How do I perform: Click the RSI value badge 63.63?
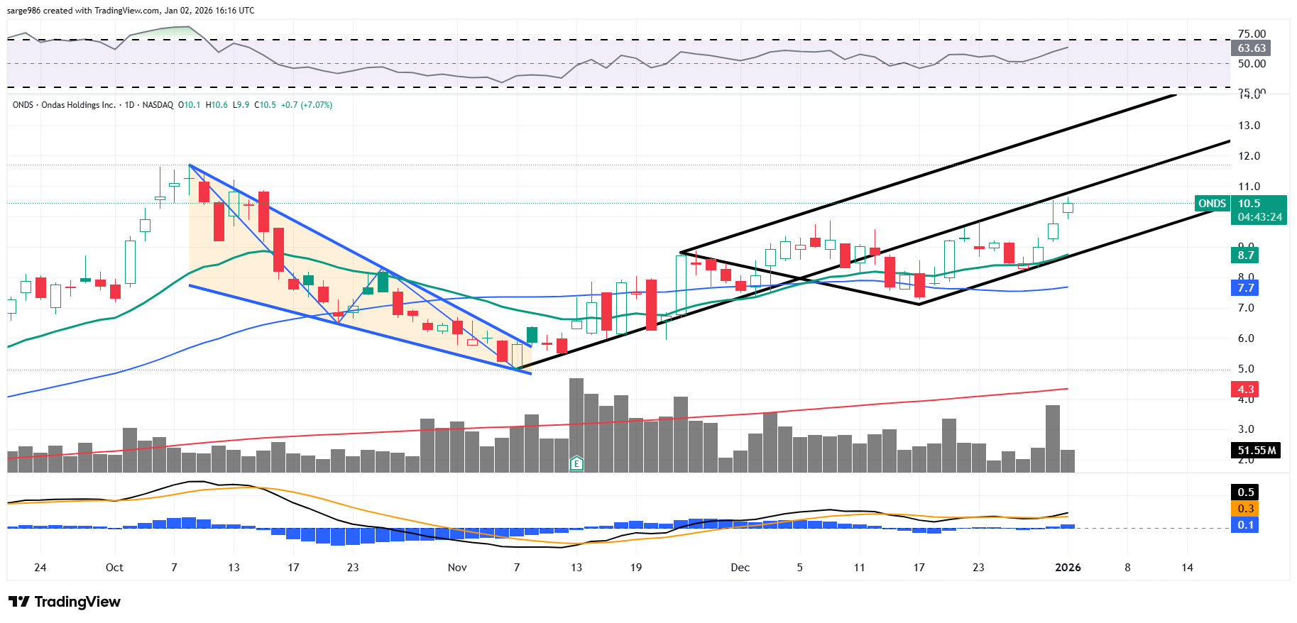pyautogui.click(x=1251, y=48)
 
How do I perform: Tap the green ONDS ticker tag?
pyautogui.click(x=1212, y=204)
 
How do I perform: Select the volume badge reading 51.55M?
pyautogui.click(x=1256, y=451)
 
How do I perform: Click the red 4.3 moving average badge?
pyautogui.click(x=1245, y=390)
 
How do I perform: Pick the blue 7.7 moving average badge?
pyautogui.click(x=1245, y=288)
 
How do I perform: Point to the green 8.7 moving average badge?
pyautogui.click(x=1245, y=255)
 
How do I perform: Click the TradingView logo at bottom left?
pyautogui.click(x=65, y=602)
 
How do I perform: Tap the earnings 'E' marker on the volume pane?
pyautogui.click(x=576, y=464)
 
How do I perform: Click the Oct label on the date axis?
pyautogui.click(x=114, y=568)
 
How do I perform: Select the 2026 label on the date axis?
pyautogui.click(x=1068, y=568)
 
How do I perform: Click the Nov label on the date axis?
pyautogui.click(x=457, y=568)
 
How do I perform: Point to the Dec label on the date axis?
pyautogui.click(x=740, y=568)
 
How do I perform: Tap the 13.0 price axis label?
pyautogui.click(x=1249, y=126)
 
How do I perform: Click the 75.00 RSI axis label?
pyautogui.click(x=1252, y=34)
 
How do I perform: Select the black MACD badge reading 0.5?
pyautogui.click(x=1245, y=492)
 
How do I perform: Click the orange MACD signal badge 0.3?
pyautogui.click(x=1245, y=509)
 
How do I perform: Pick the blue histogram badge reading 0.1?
pyautogui.click(x=1245, y=525)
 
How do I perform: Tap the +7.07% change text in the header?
pyautogui.click(x=316, y=105)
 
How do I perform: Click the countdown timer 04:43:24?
pyautogui.click(x=1259, y=217)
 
